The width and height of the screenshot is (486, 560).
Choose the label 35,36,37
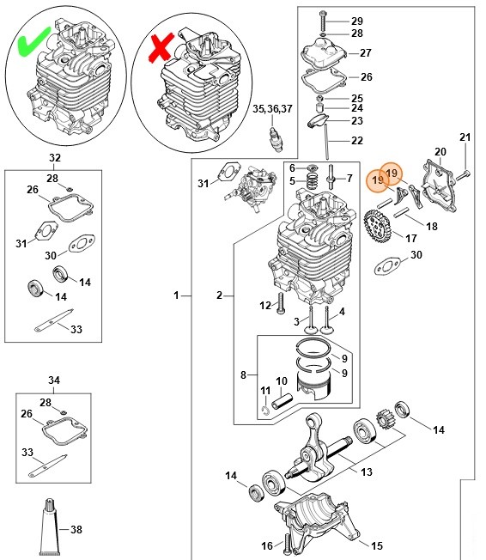[271, 108]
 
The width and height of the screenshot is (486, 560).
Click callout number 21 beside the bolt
[465, 137]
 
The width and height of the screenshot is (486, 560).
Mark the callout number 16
[265, 545]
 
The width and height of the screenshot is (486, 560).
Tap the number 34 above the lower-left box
[54, 380]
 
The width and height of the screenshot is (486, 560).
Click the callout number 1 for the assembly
[176, 295]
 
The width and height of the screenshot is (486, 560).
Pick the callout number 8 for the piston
[243, 374]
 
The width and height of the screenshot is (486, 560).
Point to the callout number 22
[357, 141]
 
